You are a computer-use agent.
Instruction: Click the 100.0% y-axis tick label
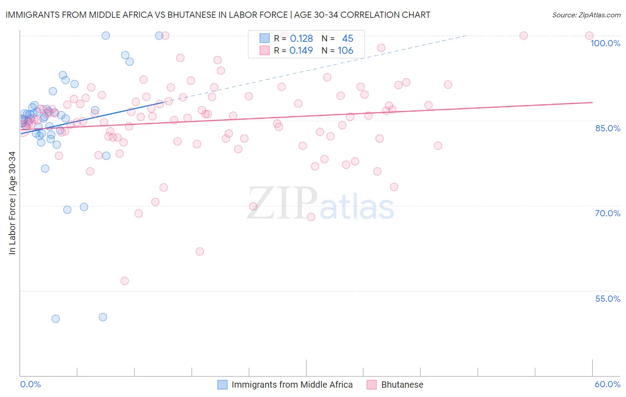click(605, 43)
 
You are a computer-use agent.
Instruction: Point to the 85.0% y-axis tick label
click(608, 128)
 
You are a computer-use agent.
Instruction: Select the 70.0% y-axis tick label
click(607, 213)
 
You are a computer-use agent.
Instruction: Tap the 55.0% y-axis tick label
click(607, 299)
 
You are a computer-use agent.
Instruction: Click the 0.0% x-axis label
click(30, 384)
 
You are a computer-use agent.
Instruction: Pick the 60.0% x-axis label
click(607, 384)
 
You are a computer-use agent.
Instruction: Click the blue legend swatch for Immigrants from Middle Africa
click(222, 385)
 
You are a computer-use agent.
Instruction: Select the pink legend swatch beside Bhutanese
click(372, 385)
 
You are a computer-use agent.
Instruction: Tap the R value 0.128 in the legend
click(301, 39)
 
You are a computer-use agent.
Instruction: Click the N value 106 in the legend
click(346, 51)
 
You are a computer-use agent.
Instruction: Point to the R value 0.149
click(301, 51)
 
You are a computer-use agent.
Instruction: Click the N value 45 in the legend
click(347, 39)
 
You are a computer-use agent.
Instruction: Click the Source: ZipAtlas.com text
click(586, 15)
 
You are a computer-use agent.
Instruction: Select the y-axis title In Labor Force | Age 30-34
click(12, 203)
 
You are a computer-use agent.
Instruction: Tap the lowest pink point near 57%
click(125, 281)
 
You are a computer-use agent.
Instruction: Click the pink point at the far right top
click(589, 36)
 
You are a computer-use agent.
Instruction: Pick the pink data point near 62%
click(200, 251)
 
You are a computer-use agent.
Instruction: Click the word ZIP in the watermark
click(282, 203)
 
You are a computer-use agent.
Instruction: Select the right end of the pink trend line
click(592, 102)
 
